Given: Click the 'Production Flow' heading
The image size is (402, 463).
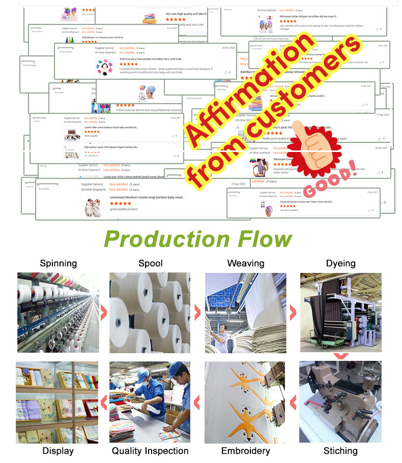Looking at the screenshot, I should point(198,239).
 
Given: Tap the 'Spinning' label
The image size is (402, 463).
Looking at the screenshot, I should point(59,263).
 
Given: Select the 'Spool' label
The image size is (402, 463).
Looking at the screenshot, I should point(151,263).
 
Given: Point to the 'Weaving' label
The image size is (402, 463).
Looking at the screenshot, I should point(245,263).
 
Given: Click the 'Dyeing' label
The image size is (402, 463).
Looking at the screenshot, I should point(340,263).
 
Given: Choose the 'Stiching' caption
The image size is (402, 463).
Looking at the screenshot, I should point(340,451).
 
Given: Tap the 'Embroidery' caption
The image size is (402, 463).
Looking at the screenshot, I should point(245,451).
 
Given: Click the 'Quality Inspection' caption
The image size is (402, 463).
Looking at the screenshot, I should point(150,451).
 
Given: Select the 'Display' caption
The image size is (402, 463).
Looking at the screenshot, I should point(58,451).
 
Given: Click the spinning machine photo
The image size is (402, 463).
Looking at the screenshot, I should point(59,313).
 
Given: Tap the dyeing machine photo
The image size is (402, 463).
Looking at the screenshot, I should point(340,313).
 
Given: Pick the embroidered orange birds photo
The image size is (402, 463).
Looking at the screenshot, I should point(245,402).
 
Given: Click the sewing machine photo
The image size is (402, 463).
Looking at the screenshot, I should point(340,402).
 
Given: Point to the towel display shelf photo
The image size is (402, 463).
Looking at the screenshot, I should point(57,402).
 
